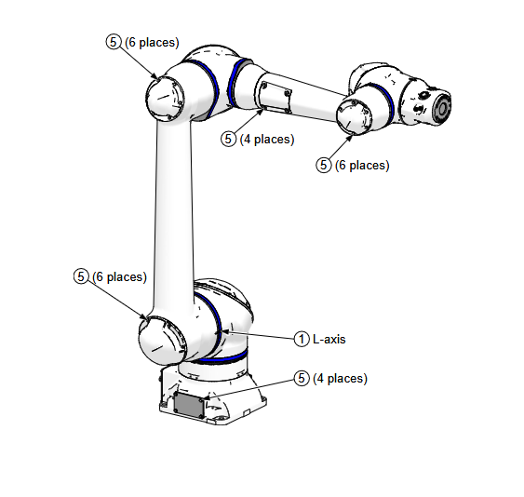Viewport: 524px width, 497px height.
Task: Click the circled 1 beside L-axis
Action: [x=302, y=339]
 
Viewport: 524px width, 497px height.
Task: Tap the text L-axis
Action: [x=329, y=339]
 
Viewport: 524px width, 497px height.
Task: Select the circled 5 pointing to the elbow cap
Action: [x=114, y=42]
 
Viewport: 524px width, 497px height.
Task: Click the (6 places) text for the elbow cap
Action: [x=152, y=43]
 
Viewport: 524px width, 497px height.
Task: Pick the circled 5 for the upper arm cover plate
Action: [x=228, y=139]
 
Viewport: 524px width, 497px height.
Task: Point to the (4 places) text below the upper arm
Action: [x=267, y=140]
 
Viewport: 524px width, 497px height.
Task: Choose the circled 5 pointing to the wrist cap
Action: [x=324, y=165]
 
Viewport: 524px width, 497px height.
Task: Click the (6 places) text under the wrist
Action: [x=362, y=166]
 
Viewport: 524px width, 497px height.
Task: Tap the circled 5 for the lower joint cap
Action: [x=81, y=276]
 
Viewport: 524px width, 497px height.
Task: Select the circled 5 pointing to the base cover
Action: [x=302, y=378]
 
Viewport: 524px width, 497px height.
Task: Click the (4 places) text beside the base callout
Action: [x=341, y=379]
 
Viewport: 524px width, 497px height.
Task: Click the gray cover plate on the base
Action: [x=189, y=405]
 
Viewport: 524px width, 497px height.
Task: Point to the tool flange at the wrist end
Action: [x=441, y=108]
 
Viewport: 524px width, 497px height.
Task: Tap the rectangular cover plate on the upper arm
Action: [x=273, y=97]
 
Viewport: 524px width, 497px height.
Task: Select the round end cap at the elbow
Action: [x=165, y=99]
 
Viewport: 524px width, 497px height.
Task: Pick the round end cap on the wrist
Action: [x=354, y=116]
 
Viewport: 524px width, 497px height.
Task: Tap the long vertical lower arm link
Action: [x=174, y=217]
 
